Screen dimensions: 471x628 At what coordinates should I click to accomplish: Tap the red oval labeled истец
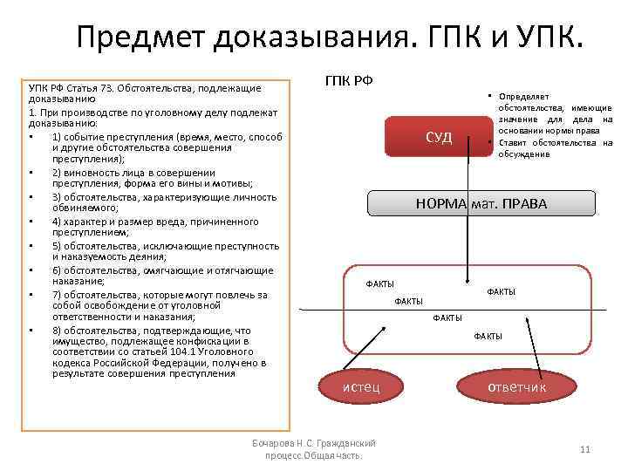360,386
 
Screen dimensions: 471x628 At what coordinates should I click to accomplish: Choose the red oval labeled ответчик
516,386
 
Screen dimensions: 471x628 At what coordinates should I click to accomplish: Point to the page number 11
585,449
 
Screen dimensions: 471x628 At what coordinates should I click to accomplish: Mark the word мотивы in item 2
235,184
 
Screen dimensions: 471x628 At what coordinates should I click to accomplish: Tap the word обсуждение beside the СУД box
523,154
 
